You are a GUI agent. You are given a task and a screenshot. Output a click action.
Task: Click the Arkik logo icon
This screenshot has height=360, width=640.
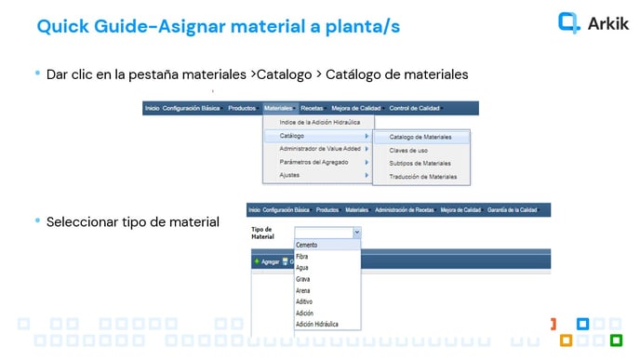pos(568,22)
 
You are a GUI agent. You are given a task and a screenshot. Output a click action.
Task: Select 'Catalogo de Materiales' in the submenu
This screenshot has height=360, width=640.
pos(420,137)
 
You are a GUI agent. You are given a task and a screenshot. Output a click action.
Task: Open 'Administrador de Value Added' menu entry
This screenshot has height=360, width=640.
pos(320,149)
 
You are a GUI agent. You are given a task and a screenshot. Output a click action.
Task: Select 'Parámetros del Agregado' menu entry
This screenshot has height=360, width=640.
pos(313,162)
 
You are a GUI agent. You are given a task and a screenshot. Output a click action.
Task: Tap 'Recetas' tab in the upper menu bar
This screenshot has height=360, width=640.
pos(313,108)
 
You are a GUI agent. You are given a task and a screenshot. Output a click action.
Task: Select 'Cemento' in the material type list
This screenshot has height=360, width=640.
pos(307,245)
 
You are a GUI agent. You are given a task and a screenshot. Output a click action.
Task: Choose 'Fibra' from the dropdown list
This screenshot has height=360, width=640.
pos(302,256)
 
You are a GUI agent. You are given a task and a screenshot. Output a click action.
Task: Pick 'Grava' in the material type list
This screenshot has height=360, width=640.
pos(303,279)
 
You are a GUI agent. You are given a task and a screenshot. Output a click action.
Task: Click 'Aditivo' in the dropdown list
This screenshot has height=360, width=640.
pos(305,301)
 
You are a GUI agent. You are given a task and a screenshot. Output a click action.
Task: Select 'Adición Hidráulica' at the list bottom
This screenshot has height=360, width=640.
pos(316,325)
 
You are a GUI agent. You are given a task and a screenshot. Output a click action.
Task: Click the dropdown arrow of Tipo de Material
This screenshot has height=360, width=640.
pos(356,233)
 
